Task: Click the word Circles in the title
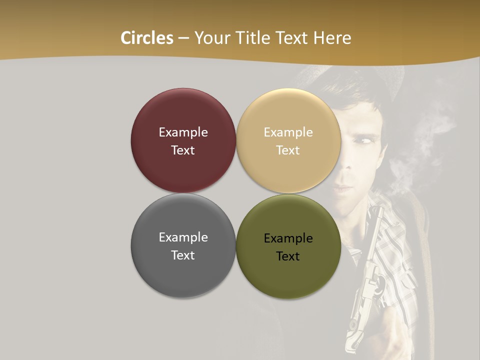pyautogui.click(x=147, y=38)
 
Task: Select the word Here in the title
pyautogui.click(x=332, y=38)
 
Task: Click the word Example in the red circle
pyautogui.click(x=183, y=132)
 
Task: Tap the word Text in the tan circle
pyautogui.click(x=288, y=150)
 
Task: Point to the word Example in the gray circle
pyautogui.click(x=183, y=237)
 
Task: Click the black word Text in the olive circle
pyautogui.click(x=288, y=256)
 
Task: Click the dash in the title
pyautogui.click(x=183, y=38)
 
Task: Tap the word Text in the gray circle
pyautogui.click(x=183, y=255)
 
